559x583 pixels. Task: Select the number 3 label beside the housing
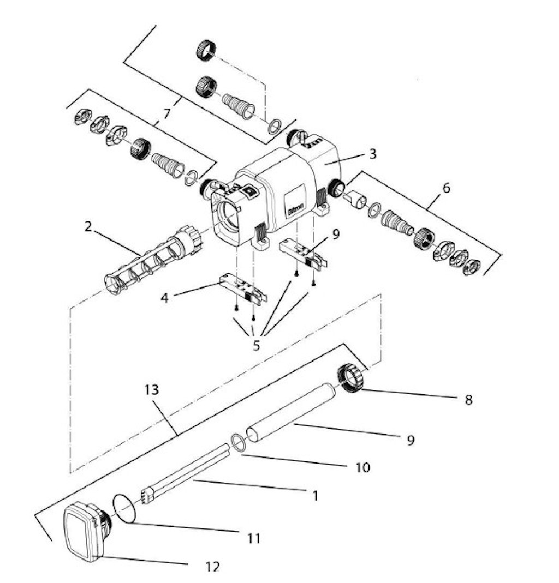[x=372, y=154]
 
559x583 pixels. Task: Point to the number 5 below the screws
[x=256, y=345]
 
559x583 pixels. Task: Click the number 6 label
[x=447, y=188]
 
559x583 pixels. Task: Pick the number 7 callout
[x=166, y=114]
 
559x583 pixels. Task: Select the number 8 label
[x=467, y=400]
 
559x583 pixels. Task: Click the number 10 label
[x=362, y=467]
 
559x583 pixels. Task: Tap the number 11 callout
[x=253, y=539]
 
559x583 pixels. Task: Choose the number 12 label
[x=213, y=567]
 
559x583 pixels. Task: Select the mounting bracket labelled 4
[x=242, y=288]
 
